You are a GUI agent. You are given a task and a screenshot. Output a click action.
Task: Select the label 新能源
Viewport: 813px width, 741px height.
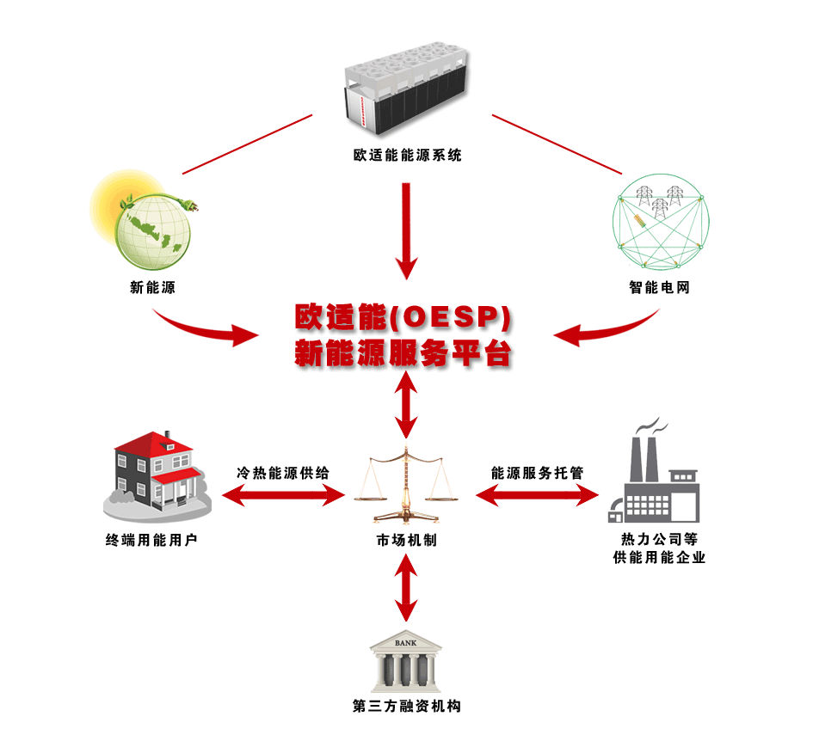[x=152, y=288]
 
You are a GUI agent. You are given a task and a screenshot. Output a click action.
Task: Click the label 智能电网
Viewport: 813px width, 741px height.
[x=660, y=288]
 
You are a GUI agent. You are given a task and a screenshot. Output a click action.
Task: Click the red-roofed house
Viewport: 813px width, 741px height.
[x=160, y=473]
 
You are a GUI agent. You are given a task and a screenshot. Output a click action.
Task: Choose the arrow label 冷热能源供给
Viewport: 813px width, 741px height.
[x=283, y=473]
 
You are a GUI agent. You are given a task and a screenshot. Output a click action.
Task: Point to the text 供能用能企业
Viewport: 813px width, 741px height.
[x=659, y=558]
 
